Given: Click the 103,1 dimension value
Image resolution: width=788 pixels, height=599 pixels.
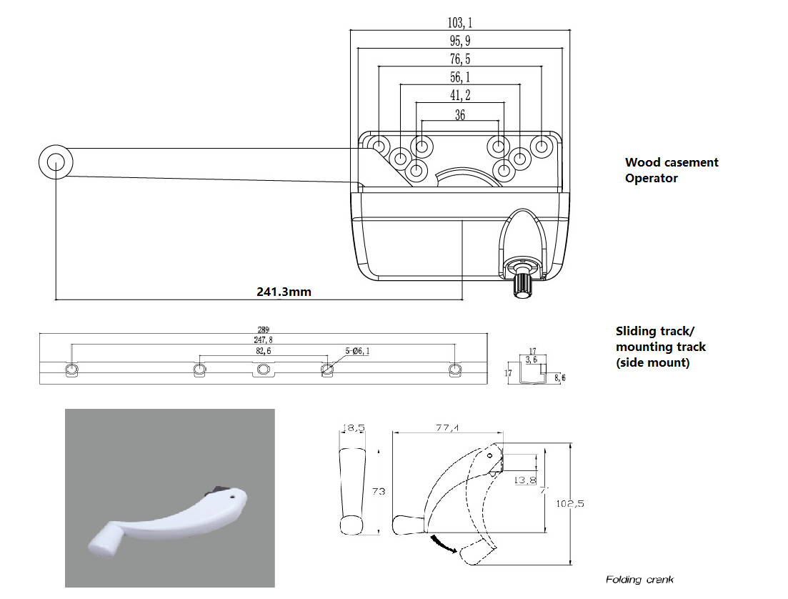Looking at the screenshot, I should (x=460, y=24).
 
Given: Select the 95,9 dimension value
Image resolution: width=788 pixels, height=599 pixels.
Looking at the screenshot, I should (x=460, y=41).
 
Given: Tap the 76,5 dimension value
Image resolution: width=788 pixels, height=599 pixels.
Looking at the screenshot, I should (x=460, y=59).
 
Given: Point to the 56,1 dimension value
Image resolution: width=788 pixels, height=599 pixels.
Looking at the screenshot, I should (x=460, y=77).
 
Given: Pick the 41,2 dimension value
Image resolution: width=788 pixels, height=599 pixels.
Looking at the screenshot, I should (x=460, y=95).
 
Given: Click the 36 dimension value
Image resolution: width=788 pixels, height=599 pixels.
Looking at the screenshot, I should (x=460, y=114).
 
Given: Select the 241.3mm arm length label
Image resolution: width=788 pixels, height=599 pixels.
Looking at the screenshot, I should (x=284, y=292).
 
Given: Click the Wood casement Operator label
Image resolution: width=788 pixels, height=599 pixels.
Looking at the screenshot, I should (x=671, y=170).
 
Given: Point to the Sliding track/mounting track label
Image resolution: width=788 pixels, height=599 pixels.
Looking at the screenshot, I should (x=660, y=347).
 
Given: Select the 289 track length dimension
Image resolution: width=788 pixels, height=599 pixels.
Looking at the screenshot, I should (x=263, y=330).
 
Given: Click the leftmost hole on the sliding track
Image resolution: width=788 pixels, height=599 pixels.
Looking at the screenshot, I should (x=71, y=369).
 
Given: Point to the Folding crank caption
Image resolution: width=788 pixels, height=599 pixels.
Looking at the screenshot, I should (x=639, y=579).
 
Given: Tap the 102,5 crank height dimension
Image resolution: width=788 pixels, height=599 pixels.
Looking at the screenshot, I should (x=570, y=503).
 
